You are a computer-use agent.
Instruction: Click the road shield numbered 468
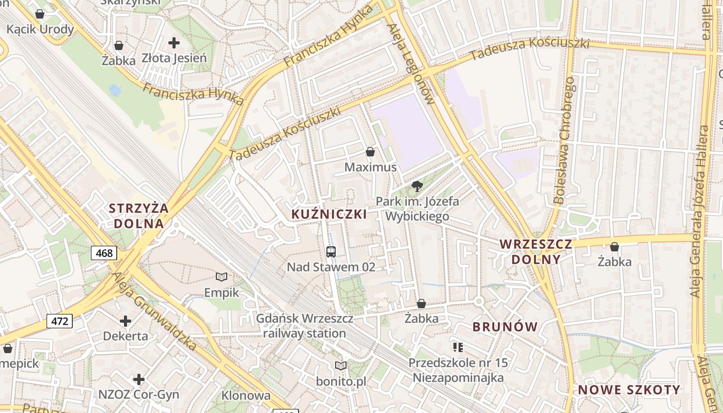(x=104, y=253)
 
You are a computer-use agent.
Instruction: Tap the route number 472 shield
(x=60, y=321)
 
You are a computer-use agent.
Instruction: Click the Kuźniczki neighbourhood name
(x=329, y=214)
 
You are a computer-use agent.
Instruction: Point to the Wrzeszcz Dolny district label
(x=536, y=251)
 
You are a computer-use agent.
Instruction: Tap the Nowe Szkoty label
(x=629, y=390)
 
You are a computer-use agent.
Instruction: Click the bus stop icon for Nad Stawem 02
(x=331, y=252)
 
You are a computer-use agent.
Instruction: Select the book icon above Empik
(x=222, y=277)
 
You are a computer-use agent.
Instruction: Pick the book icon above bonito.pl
(x=341, y=366)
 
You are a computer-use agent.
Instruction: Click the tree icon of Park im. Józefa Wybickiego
(x=417, y=186)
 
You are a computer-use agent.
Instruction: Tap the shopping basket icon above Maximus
(x=370, y=152)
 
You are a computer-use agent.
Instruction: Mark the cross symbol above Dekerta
(x=125, y=321)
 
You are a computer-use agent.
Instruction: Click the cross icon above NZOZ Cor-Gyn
(x=139, y=380)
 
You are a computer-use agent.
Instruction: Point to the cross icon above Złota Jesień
(x=175, y=42)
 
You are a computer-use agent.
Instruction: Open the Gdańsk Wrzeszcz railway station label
(x=305, y=326)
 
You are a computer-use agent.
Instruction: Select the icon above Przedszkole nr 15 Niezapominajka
(x=458, y=347)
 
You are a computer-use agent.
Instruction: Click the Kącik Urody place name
(x=40, y=29)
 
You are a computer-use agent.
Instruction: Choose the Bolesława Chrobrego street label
(x=564, y=140)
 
